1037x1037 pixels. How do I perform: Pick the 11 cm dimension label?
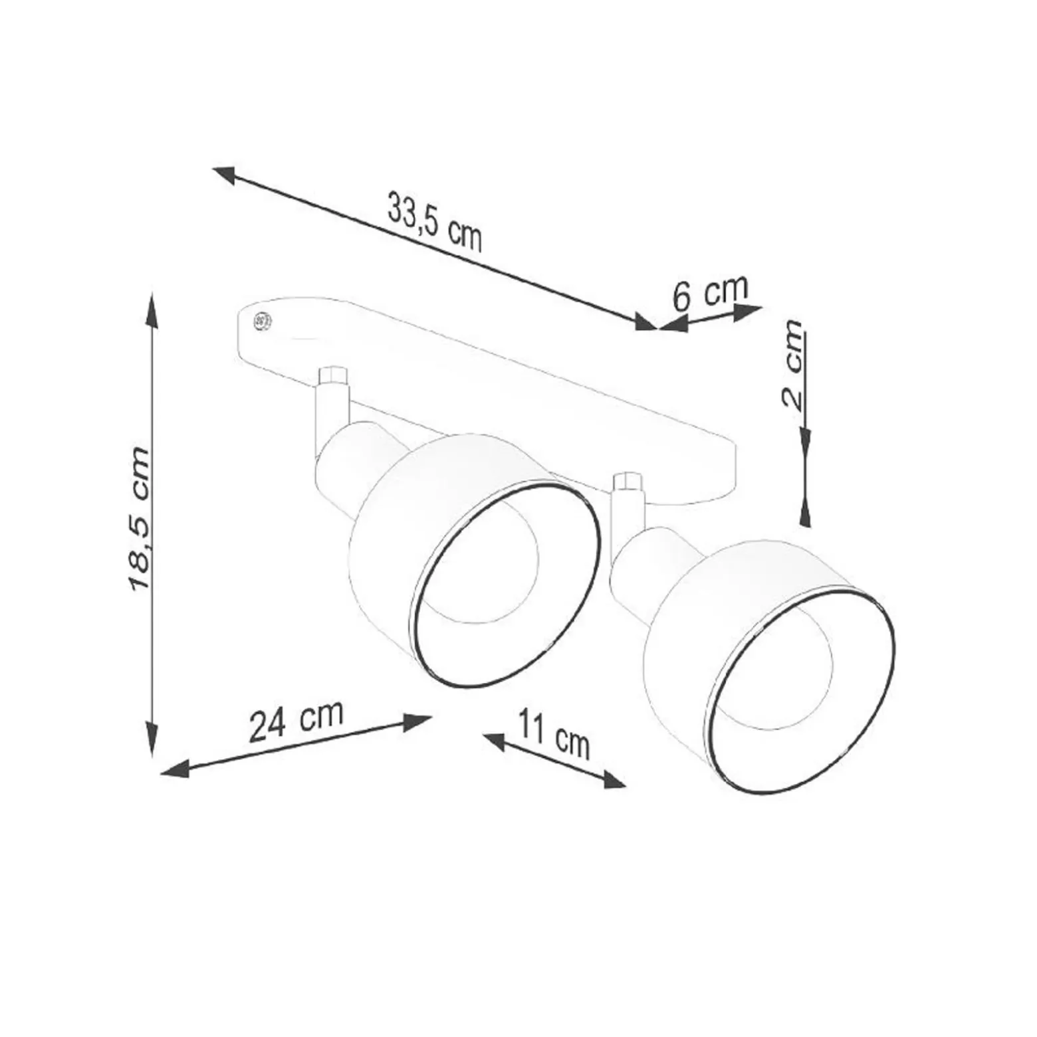[x=554, y=733]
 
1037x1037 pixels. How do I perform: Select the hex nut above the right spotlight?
[x=628, y=482]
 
